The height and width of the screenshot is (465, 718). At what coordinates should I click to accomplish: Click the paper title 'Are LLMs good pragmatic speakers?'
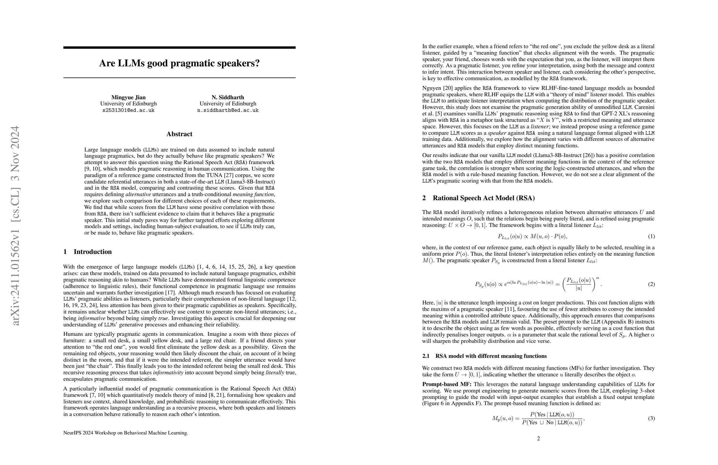pos(179,63)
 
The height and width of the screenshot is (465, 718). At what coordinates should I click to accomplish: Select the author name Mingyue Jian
pos(128,97)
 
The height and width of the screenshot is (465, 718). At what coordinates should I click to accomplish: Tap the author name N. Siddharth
pos(228,97)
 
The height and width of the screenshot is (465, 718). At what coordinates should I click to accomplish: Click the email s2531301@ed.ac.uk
pos(128,110)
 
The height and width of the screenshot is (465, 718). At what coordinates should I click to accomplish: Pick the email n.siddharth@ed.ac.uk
pos(228,110)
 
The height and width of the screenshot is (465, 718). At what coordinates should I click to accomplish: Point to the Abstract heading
pos(179,134)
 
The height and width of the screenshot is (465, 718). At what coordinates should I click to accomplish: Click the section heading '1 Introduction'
pos(87,252)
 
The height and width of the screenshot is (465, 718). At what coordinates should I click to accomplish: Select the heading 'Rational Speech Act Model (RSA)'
pos(484,198)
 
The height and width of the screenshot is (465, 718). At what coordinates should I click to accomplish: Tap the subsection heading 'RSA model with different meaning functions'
pos(491,356)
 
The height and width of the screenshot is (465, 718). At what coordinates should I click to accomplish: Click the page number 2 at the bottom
pos(538,438)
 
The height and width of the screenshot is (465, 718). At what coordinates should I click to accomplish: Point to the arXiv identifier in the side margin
pos(15,225)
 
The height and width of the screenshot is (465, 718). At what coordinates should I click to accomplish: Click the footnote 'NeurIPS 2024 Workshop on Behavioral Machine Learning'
pos(126,433)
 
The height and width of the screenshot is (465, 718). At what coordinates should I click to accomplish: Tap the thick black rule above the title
pos(179,47)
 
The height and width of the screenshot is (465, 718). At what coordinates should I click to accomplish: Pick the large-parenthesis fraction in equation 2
pos(579,284)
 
